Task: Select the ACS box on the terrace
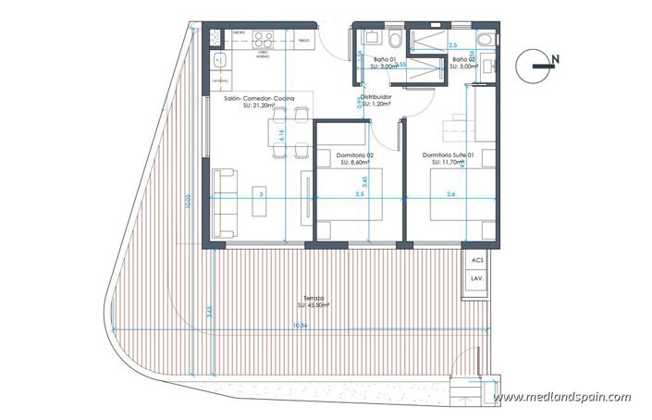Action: (x=477, y=261)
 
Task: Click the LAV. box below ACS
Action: (x=477, y=278)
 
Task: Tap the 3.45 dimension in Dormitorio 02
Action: (x=363, y=181)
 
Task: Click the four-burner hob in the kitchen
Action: (x=262, y=40)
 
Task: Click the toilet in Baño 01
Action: (x=394, y=39)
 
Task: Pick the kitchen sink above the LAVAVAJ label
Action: (x=217, y=62)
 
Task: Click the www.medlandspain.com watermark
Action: (x=562, y=397)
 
